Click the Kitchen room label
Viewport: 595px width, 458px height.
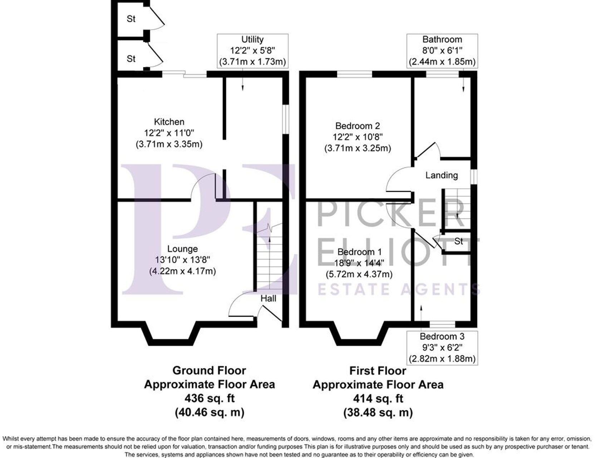click(x=169, y=122)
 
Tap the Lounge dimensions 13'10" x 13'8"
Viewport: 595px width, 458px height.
click(x=182, y=260)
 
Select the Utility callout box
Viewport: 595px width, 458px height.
click(x=252, y=50)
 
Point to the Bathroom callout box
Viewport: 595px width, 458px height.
click(x=442, y=50)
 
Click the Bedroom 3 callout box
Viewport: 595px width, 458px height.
click(x=442, y=347)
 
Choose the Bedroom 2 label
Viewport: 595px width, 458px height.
click(x=358, y=126)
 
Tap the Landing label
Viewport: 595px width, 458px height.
click(x=442, y=175)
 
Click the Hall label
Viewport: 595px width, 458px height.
click(x=268, y=298)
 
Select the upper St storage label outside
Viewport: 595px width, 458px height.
click(x=131, y=19)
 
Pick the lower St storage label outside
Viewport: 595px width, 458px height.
click(x=131, y=58)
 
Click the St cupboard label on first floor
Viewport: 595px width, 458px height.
click(x=458, y=242)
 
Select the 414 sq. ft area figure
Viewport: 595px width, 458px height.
click(x=378, y=398)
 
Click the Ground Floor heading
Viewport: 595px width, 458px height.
click(x=209, y=370)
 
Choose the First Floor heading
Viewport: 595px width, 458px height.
click(x=378, y=370)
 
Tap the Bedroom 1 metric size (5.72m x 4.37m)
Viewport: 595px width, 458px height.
click(x=359, y=274)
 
